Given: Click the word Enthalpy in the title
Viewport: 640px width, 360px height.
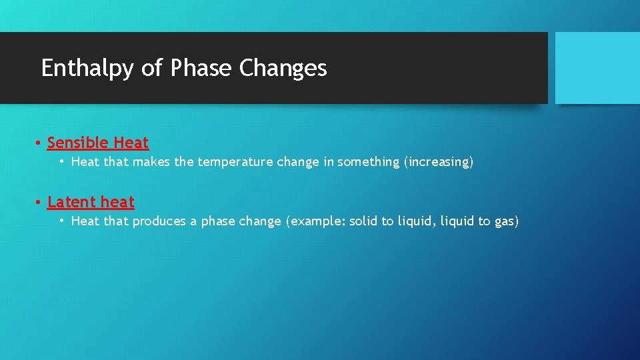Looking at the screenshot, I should (x=87, y=69).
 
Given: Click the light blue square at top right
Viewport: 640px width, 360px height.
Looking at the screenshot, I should (x=597, y=68).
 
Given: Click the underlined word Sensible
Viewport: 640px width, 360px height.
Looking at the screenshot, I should (x=77, y=143).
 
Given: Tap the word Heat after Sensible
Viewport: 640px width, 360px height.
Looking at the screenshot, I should (x=131, y=143).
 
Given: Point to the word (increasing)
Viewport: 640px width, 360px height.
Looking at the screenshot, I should (x=439, y=162).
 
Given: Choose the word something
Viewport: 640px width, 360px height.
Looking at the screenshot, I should (x=368, y=162).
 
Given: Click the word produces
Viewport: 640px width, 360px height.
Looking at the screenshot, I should (x=159, y=221).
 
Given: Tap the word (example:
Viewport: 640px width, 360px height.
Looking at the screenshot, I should (x=315, y=221).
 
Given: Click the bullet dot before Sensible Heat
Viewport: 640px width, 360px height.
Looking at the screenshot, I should (x=39, y=143).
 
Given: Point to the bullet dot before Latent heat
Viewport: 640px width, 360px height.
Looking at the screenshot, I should (x=39, y=202).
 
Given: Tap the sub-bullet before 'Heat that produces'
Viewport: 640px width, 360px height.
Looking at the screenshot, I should (x=61, y=221).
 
